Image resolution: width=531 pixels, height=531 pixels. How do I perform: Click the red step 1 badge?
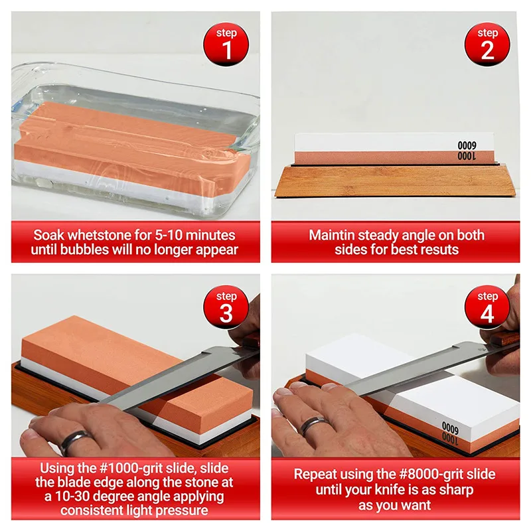tap(226, 44)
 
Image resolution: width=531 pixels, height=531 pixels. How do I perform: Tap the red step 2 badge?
tap(487, 44)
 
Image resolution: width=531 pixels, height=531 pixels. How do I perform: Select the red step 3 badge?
tap(226, 307)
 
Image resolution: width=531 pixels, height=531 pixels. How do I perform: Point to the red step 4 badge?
tap(487, 307)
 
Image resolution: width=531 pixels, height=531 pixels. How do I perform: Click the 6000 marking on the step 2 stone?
tap(467, 145)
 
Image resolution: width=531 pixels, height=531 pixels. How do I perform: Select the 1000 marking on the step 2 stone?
tap(467, 156)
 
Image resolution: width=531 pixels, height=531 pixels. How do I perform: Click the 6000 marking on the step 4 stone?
tap(450, 428)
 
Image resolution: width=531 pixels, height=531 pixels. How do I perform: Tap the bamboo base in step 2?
tap(396, 181)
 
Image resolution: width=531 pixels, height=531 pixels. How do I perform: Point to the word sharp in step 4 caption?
tap(456, 490)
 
